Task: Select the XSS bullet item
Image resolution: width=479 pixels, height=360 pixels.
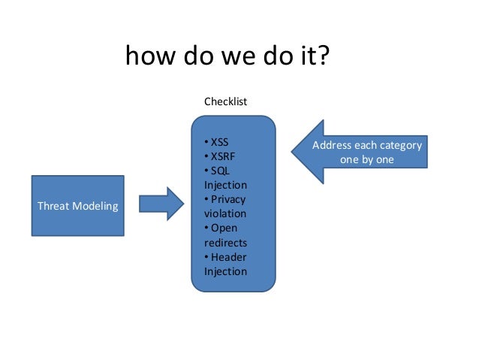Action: click(218, 142)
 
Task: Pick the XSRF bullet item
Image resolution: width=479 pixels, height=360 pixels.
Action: click(221, 156)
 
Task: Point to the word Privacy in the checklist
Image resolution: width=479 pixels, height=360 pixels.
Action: click(227, 199)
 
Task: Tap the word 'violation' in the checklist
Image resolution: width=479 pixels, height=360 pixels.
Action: click(223, 213)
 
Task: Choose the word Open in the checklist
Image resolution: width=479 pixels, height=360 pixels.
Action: click(224, 228)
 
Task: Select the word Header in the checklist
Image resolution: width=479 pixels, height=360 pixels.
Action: click(227, 257)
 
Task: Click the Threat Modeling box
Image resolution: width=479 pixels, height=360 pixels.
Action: click(77, 205)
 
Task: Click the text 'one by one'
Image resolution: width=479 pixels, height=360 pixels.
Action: click(366, 159)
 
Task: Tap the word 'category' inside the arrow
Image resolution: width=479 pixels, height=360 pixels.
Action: click(399, 145)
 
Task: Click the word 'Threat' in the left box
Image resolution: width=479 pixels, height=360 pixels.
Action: click(53, 205)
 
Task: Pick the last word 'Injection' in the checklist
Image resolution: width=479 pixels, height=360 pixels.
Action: click(225, 271)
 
